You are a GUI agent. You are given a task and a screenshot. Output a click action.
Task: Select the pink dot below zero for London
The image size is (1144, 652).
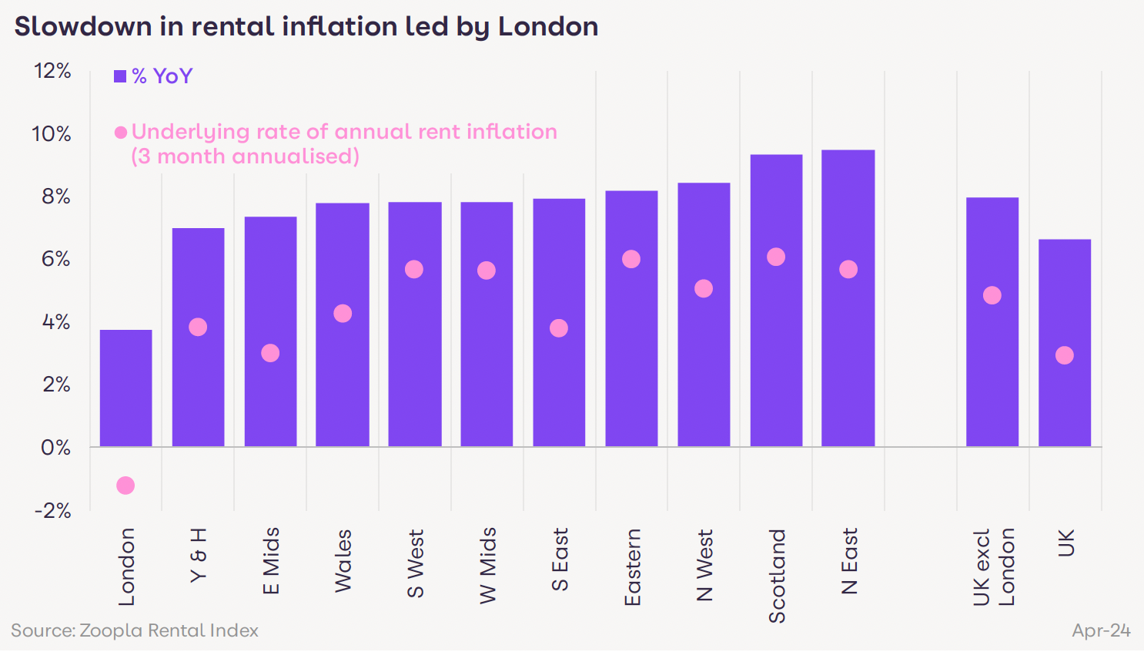coord(125,486)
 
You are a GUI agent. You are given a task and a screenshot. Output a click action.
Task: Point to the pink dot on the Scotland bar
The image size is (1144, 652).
coord(776,257)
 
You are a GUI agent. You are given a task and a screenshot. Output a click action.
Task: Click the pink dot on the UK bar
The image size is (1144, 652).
coord(1064,355)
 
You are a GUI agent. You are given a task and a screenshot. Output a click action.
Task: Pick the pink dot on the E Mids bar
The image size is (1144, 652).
coord(270,353)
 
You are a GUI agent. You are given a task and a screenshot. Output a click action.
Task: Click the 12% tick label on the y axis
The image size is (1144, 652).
coord(52,72)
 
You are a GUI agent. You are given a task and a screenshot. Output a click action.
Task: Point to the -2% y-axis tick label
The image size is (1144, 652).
coord(52,510)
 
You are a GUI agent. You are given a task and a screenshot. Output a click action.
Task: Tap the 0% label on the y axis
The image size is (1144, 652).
coord(55,448)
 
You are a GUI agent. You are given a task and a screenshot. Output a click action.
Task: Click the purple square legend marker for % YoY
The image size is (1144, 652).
coord(120,76)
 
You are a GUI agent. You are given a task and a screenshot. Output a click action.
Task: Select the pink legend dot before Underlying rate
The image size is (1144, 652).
coord(121,133)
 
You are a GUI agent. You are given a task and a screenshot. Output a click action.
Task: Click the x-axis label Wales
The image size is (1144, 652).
coord(343,560)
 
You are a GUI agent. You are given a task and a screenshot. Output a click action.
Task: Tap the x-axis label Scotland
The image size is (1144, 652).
coord(777,575)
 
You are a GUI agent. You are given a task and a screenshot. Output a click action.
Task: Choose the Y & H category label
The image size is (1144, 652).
coord(198,555)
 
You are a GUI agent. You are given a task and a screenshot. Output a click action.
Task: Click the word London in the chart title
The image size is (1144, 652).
coord(547,27)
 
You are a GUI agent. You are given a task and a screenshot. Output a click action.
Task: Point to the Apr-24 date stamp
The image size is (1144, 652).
coord(1101,630)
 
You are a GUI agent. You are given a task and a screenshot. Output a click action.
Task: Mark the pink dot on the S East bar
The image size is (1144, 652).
coord(559,328)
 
